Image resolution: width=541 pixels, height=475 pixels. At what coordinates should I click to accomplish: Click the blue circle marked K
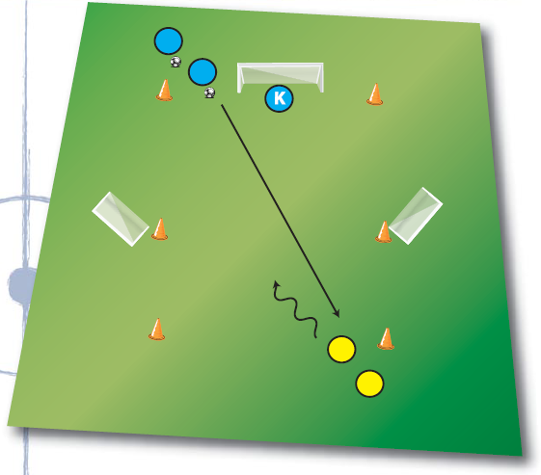(279, 98)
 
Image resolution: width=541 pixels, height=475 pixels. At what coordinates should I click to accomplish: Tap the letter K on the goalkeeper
(280, 98)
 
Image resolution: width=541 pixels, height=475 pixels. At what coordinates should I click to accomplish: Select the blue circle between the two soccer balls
(203, 72)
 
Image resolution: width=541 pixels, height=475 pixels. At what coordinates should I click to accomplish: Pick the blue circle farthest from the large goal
(169, 41)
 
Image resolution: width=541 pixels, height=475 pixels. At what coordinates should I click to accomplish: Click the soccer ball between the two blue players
(176, 62)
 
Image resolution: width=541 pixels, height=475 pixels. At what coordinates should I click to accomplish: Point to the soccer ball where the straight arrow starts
(209, 92)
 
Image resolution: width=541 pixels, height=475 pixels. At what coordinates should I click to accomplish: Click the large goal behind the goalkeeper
(281, 77)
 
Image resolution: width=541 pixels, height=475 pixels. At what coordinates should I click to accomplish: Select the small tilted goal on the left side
(121, 219)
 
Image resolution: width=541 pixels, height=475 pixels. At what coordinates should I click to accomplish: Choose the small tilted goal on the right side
(416, 216)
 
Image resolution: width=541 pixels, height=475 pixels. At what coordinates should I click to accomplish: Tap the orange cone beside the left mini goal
(160, 229)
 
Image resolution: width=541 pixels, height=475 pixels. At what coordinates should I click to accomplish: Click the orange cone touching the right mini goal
(383, 231)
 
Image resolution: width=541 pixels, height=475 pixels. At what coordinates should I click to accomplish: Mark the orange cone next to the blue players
(165, 91)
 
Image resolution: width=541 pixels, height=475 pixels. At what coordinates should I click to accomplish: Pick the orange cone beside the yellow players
(386, 339)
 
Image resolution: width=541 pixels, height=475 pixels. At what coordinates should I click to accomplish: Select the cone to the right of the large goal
(375, 94)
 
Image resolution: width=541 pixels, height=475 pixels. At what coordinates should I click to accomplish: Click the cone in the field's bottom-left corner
(157, 330)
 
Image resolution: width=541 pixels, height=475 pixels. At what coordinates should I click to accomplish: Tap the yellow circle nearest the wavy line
(341, 349)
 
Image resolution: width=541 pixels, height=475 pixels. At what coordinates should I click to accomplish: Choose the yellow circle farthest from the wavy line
(370, 383)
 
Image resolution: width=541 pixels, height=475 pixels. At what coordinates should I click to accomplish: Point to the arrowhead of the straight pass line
(338, 314)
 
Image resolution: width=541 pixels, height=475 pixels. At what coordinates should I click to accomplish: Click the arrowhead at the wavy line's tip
(276, 283)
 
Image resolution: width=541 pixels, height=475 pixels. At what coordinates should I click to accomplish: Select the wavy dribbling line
(296, 309)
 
